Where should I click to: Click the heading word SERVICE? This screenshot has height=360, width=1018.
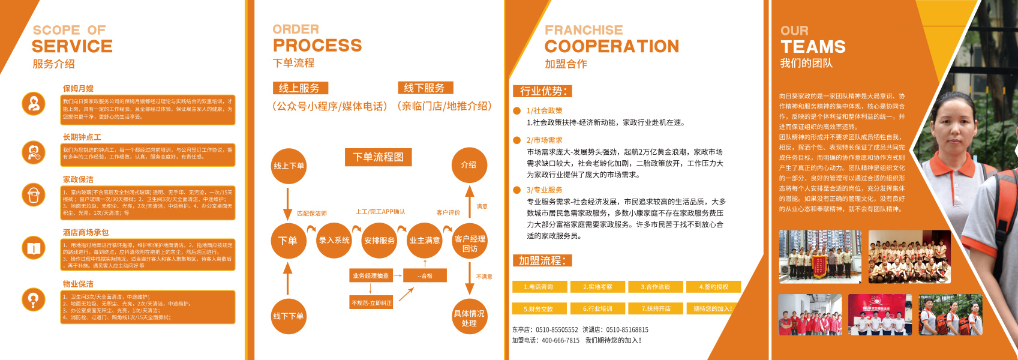coord(72,46)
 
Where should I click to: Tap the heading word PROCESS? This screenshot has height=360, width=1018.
coord(317,46)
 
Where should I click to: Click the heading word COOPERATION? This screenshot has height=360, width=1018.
coord(612,46)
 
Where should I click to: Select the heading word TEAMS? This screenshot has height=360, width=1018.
coord(813,47)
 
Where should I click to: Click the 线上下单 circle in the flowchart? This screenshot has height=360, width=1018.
coord(289,166)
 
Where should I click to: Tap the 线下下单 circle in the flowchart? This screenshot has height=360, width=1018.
coord(289,316)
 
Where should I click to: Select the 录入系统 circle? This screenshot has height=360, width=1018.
coord(334,240)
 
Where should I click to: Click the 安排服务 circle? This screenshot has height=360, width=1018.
coord(379,240)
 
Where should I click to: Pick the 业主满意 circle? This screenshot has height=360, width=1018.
coord(425,240)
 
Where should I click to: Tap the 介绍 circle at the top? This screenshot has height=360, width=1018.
coord(469,165)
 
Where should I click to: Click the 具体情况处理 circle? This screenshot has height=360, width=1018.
coord(469,317)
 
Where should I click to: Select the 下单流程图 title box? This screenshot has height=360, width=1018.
coord(378,157)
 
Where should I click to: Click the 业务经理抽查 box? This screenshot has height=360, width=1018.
coord(371,276)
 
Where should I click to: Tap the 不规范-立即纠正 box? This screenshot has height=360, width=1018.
coord(371,303)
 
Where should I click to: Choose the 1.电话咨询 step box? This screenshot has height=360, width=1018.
coord(538,287)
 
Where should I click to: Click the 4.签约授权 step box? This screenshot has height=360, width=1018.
coord(713,287)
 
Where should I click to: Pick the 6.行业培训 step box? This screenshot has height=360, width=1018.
coord(597,308)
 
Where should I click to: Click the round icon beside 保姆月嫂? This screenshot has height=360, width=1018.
coord(34,103)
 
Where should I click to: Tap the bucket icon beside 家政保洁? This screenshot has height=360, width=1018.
coord(34,194)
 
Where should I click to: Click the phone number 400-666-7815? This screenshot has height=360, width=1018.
coord(560,340)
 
